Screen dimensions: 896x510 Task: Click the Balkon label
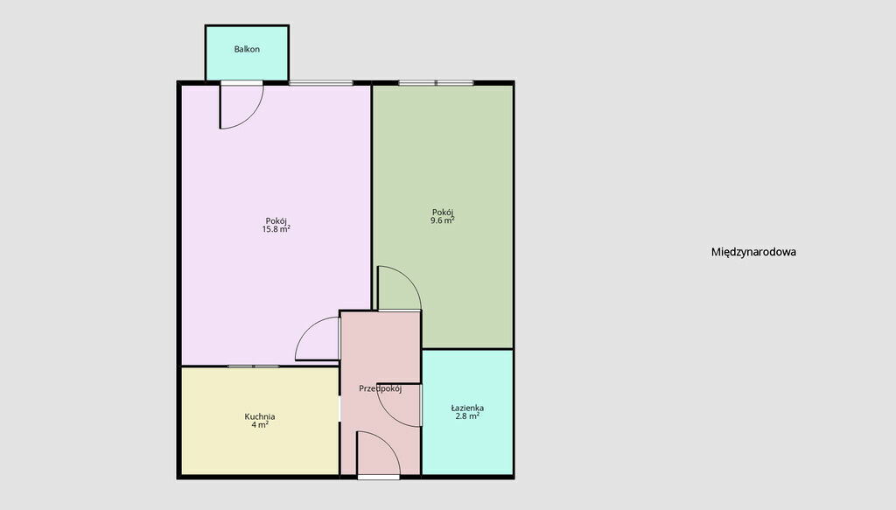click(x=247, y=49)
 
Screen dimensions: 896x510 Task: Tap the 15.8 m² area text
click(x=276, y=229)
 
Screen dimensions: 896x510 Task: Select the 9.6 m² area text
click(x=442, y=220)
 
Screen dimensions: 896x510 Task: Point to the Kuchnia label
click(x=259, y=416)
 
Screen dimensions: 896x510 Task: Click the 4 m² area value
click(x=260, y=425)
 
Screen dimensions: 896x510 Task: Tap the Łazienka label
click(x=467, y=408)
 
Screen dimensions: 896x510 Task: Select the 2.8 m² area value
click(x=467, y=416)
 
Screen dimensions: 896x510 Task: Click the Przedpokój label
click(x=380, y=388)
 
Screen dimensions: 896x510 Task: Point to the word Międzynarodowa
click(x=753, y=252)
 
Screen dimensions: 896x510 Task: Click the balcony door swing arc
click(x=251, y=116)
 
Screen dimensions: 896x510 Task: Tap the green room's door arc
click(x=409, y=278)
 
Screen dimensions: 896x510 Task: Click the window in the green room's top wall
click(x=436, y=83)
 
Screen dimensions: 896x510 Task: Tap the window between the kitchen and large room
click(x=253, y=366)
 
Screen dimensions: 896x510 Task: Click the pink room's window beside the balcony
click(x=320, y=83)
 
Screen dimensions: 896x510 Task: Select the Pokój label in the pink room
click(x=276, y=221)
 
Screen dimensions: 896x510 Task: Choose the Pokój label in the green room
click(x=442, y=212)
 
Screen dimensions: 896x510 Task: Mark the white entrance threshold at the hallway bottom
click(x=378, y=477)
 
